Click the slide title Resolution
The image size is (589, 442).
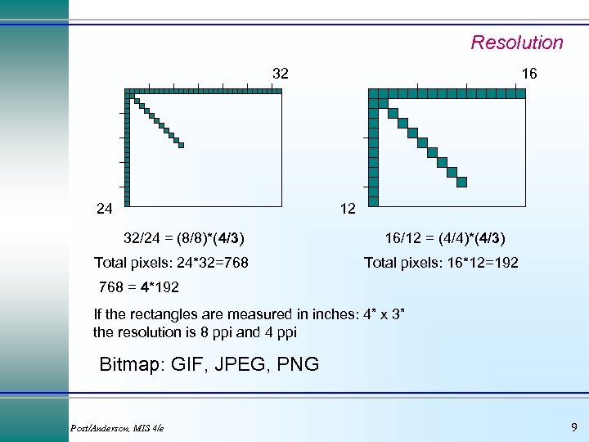coord(516,43)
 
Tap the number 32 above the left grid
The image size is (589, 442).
coord(280,74)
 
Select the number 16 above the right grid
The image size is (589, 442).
coord(529,74)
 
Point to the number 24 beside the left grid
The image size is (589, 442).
coord(104,209)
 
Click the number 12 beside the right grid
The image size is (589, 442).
coord(348,209)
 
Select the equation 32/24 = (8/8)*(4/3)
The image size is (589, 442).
coord(183,238)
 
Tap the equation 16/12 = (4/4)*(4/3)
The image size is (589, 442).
coord(445,238)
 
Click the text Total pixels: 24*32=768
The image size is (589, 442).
coord(171,263)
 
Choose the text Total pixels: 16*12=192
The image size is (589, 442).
coord(441,263)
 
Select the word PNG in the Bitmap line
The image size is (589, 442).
coord(299,364)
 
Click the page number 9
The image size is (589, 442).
coord(573,427)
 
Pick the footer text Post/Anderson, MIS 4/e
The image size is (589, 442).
coord(117,429)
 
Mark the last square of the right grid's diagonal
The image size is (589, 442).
coord(462,182)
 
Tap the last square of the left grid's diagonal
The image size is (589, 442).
coord(182,146)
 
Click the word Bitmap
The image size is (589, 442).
coord(131,364)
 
